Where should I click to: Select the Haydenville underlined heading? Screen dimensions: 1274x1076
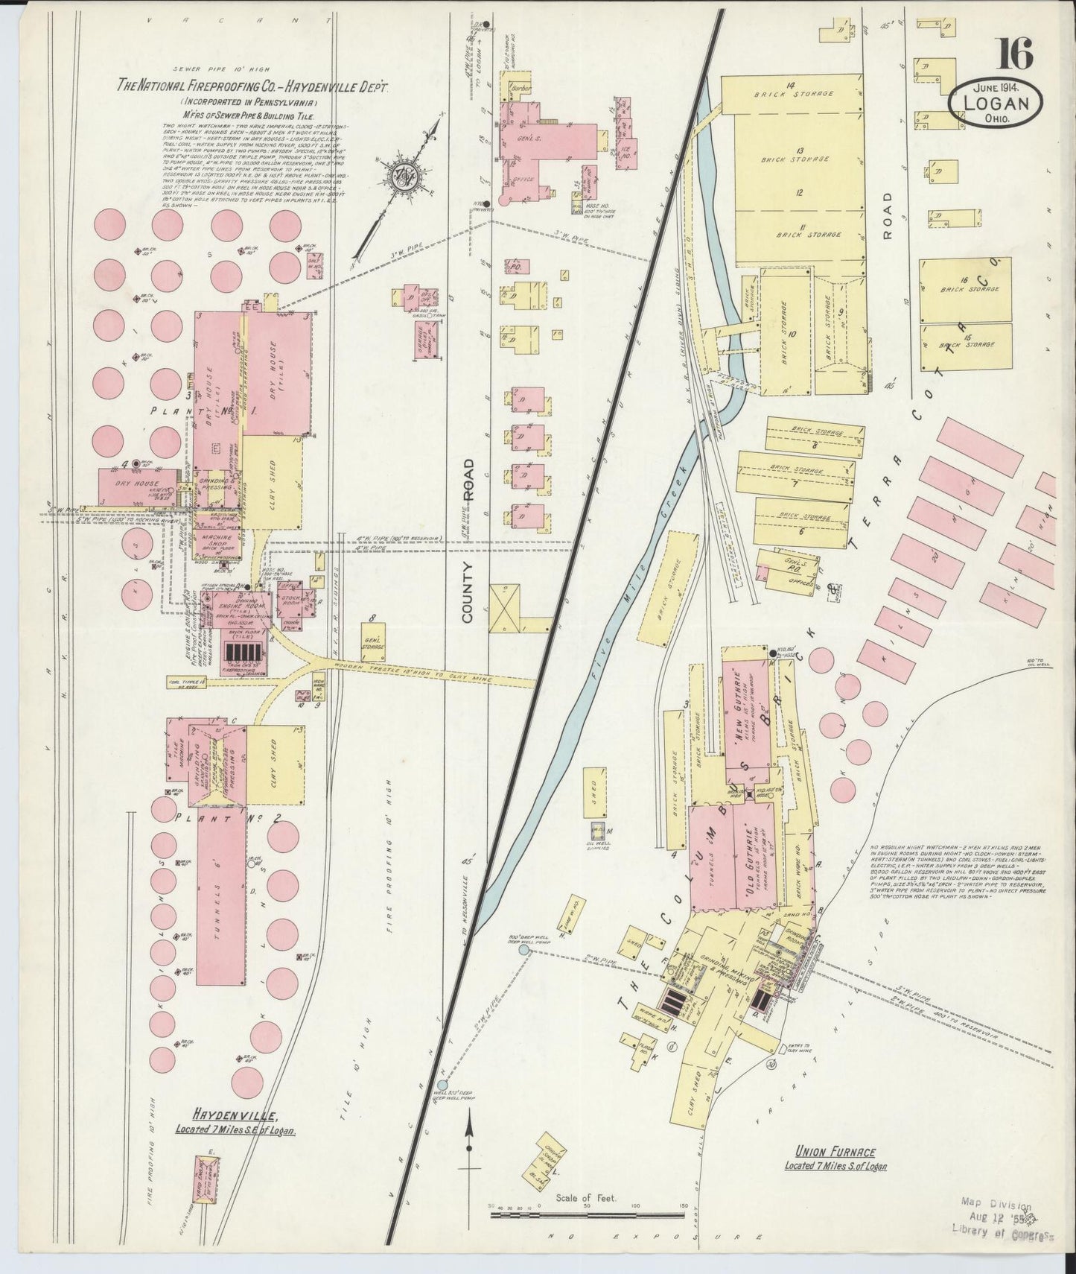(235, 1115)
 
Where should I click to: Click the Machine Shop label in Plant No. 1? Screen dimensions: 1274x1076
(214, 540)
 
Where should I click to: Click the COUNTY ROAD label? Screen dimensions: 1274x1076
(468, 540)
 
